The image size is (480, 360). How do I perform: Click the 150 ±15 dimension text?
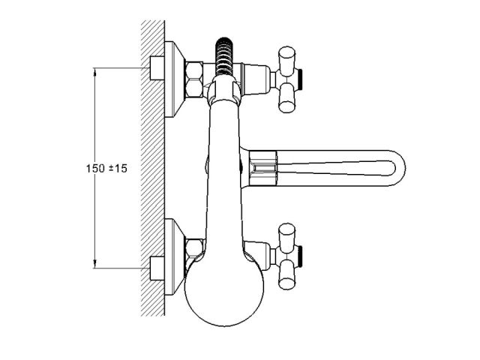(106, 168)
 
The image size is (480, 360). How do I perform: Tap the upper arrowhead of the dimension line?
(94, 72)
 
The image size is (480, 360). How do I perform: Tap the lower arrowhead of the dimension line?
(94, 264)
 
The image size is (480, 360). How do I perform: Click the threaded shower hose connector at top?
(224, 56)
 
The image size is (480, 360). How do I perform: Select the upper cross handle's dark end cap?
(300, 79)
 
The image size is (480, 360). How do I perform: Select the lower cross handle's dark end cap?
(300, 256)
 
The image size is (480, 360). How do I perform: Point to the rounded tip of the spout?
(398, 168)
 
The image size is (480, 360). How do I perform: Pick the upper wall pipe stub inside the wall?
(157, 68)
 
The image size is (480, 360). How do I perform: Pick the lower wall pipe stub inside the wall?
(157, 268)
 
